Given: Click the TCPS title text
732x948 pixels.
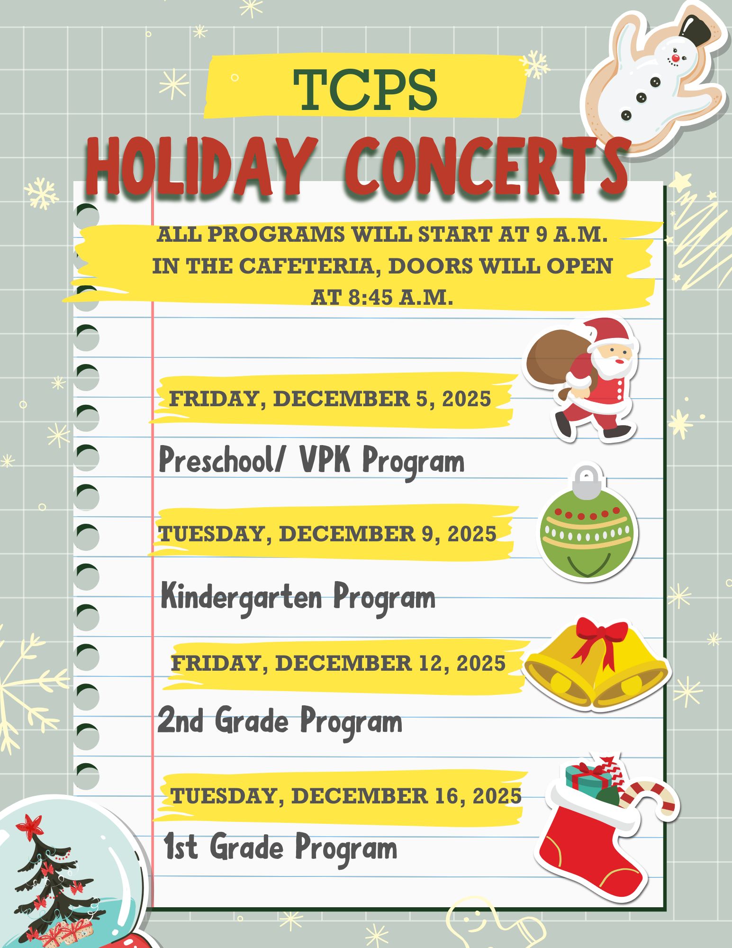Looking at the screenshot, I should pos(365,89).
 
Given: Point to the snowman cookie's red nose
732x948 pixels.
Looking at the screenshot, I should pos(676,58).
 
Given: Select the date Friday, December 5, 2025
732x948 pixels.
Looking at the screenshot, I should pos(330,399).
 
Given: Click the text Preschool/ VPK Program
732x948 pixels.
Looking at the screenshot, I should pos(311,461).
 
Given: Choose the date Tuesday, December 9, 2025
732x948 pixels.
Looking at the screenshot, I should pos(327,534).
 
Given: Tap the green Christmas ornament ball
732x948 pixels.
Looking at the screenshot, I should pos(587,536).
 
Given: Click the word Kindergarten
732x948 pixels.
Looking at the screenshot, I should pos(242,598).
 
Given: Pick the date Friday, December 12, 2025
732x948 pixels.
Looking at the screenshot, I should pos(338,663).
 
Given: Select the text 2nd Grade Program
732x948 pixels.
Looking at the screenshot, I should pos(280,721).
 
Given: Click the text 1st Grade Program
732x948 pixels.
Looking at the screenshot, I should pos(280,848).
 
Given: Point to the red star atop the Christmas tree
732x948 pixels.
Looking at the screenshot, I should pos(29,826).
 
